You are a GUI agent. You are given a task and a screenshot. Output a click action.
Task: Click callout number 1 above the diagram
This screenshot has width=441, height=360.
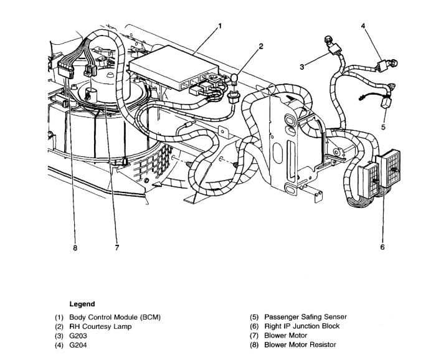pos(219,26)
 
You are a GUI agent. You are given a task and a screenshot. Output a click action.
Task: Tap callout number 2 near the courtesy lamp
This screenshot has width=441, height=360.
pos(261,46)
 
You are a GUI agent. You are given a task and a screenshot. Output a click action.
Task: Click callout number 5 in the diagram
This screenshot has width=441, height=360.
pos(383,128)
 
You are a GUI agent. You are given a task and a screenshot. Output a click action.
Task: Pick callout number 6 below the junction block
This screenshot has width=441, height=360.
pos(382,247)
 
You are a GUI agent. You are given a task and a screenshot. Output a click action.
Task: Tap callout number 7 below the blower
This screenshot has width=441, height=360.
pos(116,247)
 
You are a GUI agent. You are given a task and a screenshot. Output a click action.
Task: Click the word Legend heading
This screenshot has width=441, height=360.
pos(82,305)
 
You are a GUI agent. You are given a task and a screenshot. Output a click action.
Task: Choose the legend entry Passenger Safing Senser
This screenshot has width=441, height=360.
pos(305,317)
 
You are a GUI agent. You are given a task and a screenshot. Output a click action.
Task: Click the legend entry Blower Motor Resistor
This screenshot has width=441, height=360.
pos(300,344)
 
